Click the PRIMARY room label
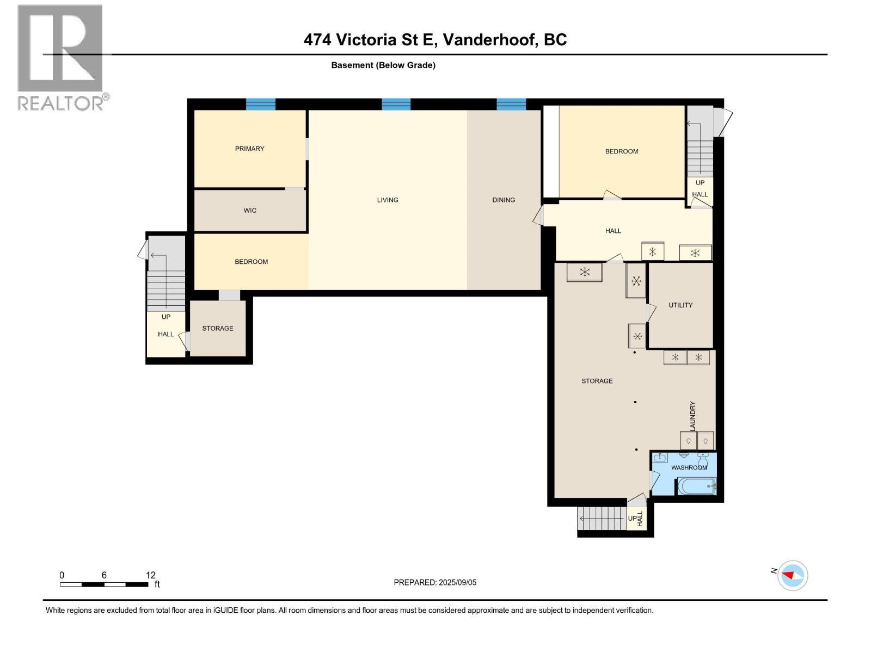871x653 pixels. (249, 149)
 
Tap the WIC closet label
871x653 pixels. (250, 211)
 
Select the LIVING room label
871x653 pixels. (388, 200)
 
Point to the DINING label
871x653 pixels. (504, 200)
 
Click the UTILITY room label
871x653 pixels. (680, 305)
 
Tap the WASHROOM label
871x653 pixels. (689, 467)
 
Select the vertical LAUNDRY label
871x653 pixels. (692, 416)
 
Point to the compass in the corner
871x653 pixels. (793, 575)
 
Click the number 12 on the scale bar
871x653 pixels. (150, 575)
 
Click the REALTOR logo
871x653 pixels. (60, 57)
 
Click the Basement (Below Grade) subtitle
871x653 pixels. (383, 65)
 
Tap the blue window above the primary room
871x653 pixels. (261, 104)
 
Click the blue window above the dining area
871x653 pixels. (511, 104)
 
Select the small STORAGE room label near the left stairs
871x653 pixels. (218, 329)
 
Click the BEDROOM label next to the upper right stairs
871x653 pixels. (622, 151)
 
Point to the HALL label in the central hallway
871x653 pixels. (613, 231)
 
